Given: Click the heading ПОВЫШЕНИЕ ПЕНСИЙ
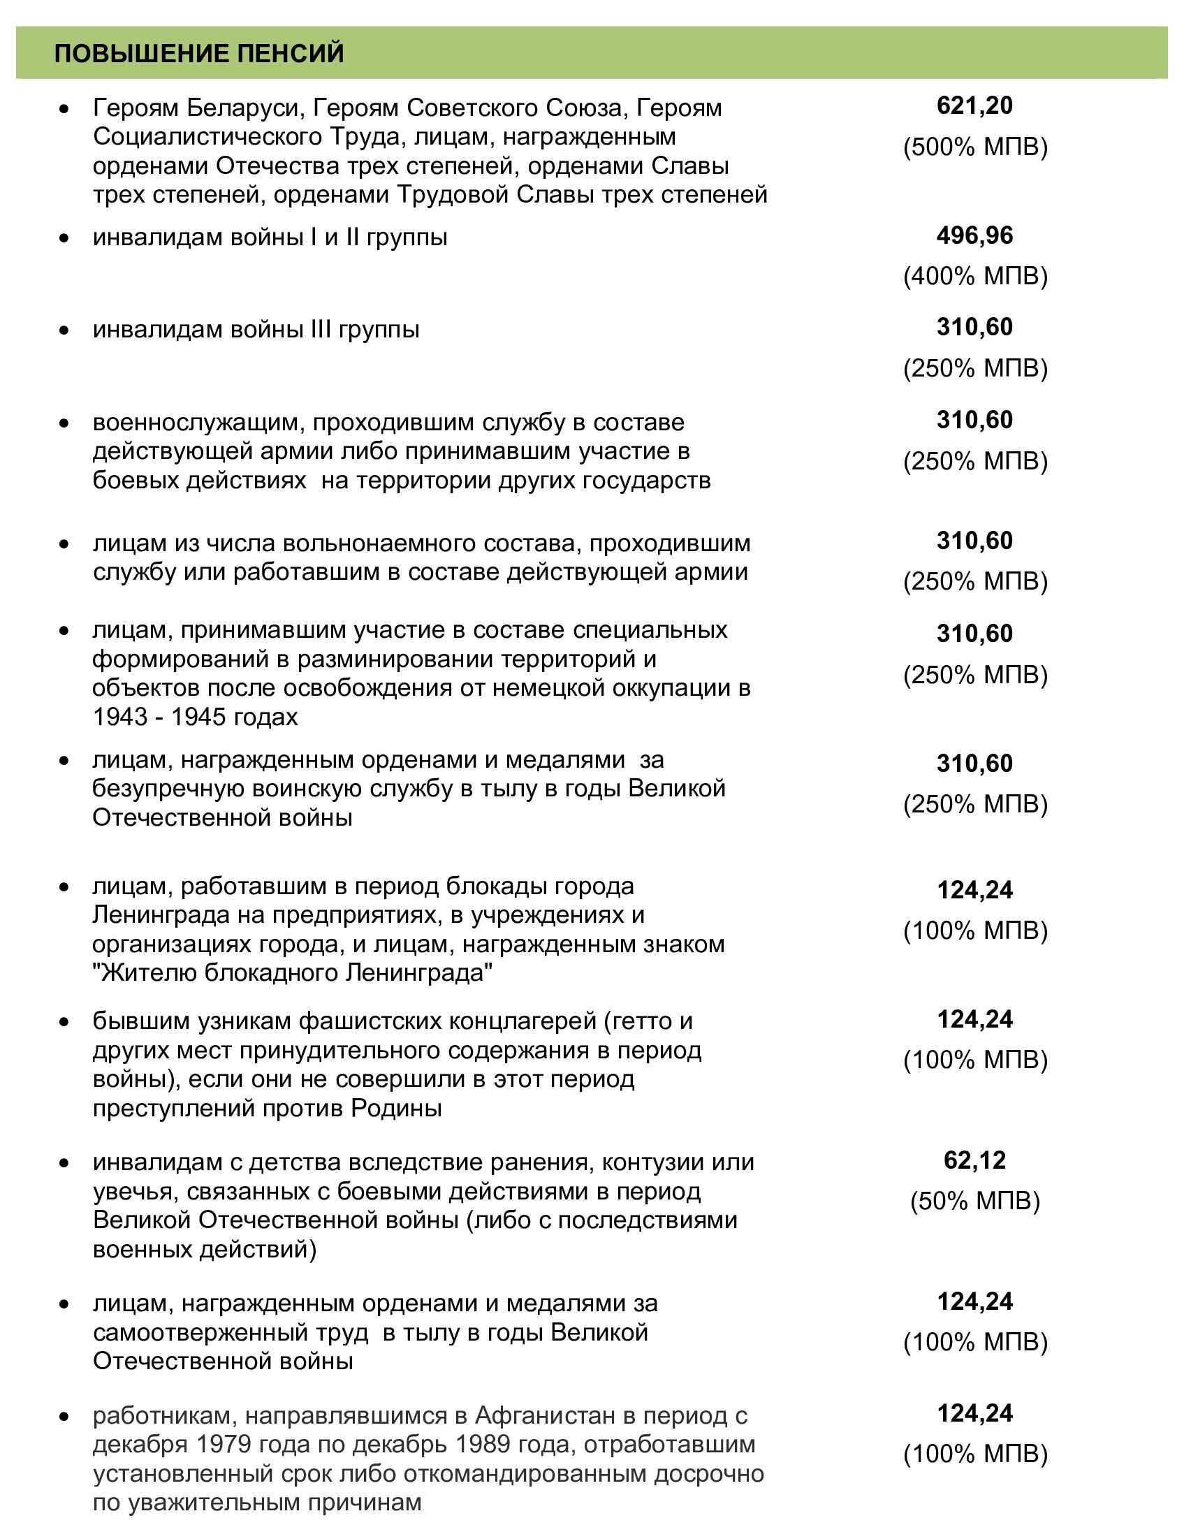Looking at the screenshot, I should coord(199,54).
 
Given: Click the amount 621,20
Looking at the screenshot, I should coord(974,106).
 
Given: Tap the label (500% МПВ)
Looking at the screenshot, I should coord(975,147).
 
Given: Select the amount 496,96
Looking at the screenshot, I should coord(974,235).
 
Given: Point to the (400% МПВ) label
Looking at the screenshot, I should coord(975,277).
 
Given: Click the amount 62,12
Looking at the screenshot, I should coord(974,1160).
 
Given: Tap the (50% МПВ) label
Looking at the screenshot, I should coord(975,1201).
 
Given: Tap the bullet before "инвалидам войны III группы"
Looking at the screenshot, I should coord(64,329).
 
